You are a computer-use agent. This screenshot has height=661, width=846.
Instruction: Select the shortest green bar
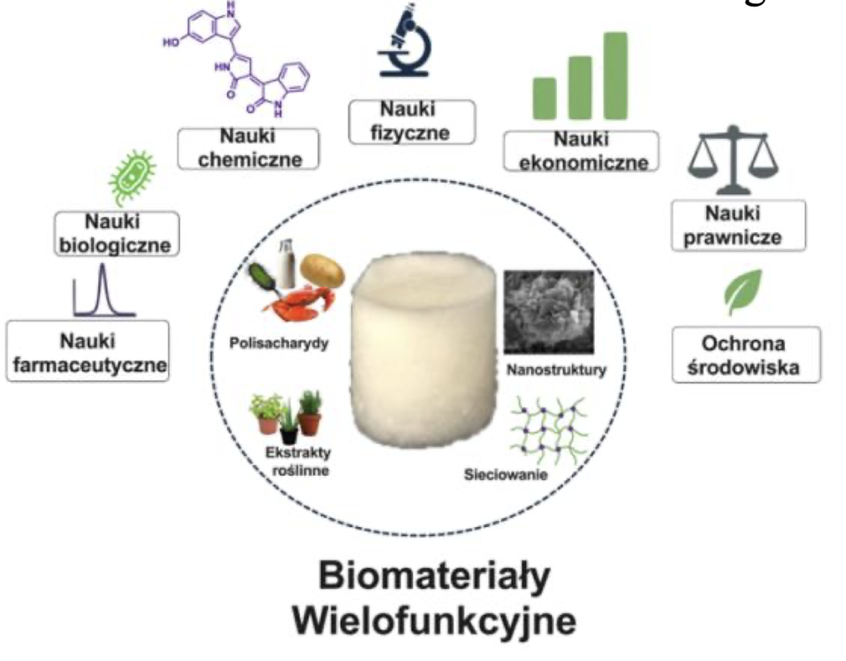pyautogui.click(x=544, y=98)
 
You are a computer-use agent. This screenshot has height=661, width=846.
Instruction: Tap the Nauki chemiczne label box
pyautogui.click(x=249, y=146)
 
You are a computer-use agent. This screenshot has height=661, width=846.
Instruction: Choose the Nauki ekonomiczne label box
pyautogui.click(x=581, y=150)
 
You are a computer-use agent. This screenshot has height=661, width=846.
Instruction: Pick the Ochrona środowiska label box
pyautogui.click(x=745, y=354)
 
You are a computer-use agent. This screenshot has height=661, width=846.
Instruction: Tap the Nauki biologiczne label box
pyautogui.click(x=116, y=234)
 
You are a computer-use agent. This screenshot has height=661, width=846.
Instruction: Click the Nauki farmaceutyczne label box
pyautogui.click(x=88, y=351)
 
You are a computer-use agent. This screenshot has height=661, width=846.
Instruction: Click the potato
pyautogui.click(x=321, y=269)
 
